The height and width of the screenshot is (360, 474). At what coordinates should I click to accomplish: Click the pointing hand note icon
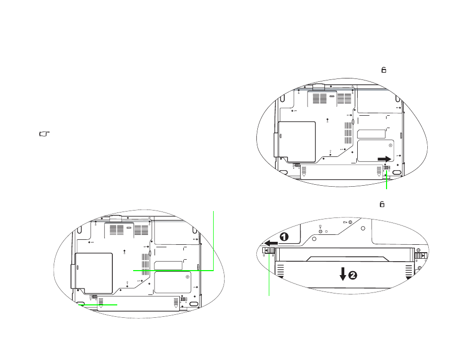(44, 134)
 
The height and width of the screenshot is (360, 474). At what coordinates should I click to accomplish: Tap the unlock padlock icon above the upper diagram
(384, 70)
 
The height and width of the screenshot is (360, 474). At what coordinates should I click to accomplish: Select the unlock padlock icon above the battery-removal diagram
(382, 205)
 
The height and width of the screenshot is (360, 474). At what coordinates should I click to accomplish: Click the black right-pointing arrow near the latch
(385, 159)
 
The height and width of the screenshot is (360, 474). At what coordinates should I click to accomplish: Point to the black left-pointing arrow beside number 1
(271, 243)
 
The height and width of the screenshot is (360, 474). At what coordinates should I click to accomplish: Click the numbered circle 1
(284, 237)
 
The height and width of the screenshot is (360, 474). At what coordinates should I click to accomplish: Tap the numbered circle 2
(353, 276)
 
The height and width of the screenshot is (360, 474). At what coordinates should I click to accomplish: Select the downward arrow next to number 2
(343, 274)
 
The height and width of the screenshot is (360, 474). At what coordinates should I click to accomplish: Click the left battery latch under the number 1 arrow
(269, 250)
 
